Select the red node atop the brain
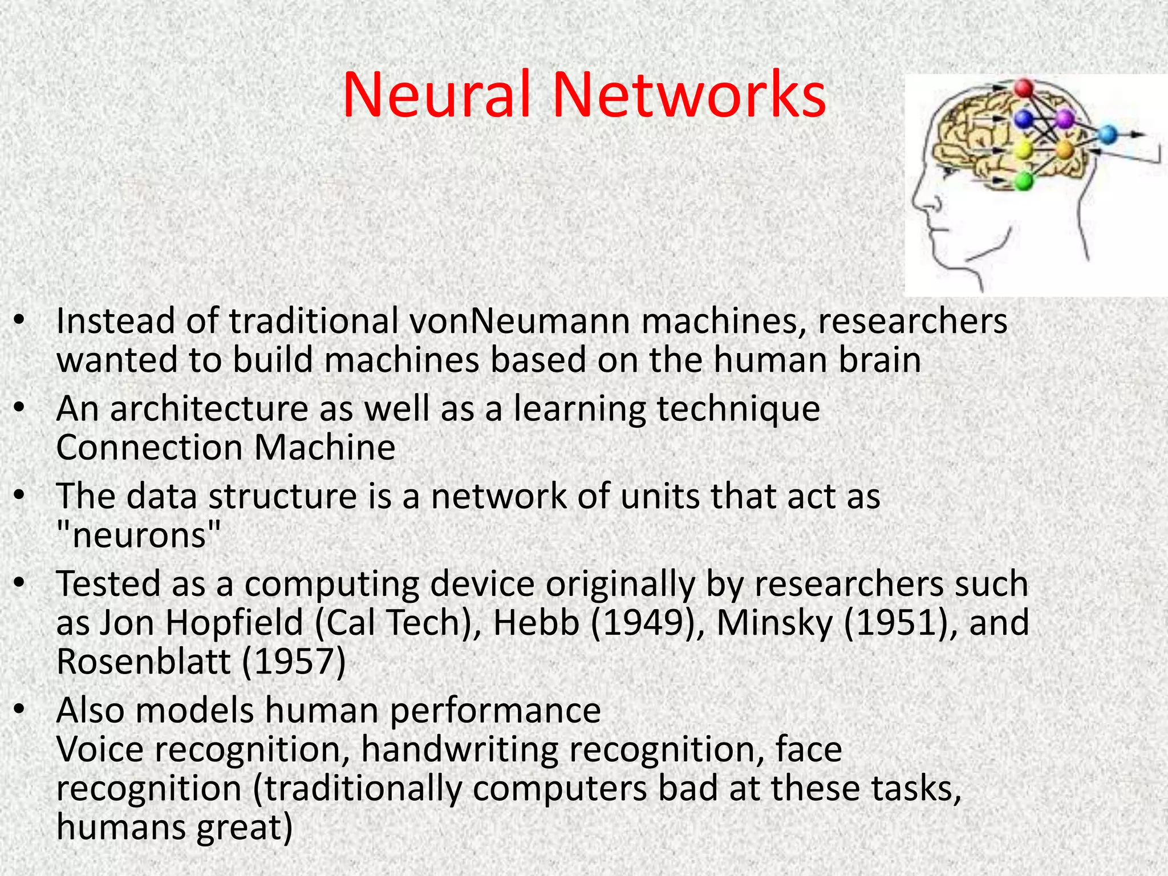1024,88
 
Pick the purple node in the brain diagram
1064,119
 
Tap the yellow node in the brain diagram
1024,151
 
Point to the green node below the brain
1024,181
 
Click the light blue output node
1107,135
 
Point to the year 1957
294,662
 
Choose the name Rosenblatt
144,662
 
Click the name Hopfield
234,622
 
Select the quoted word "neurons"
139,536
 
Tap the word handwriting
460,749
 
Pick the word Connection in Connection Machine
150,448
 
